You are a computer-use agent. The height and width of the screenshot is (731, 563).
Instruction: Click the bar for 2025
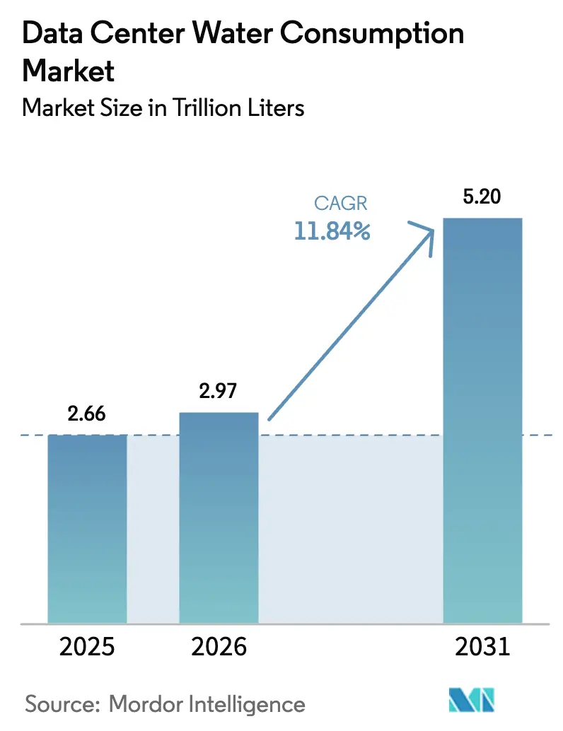(x=87, y=529)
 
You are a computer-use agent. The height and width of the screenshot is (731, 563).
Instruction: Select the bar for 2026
(x=219, y=517)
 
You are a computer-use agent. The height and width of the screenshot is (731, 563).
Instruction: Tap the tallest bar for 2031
(x=482, y=421)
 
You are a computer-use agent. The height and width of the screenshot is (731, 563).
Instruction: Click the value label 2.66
(x=87, y=414)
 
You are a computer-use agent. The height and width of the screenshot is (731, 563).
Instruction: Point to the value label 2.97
(x=219, y=391)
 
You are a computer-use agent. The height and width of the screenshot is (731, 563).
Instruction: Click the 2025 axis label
(x=87, y=647)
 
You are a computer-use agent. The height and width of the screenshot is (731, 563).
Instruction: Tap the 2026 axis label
(x=219, y=647)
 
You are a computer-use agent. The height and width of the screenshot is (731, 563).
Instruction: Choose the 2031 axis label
(x=482, y=647)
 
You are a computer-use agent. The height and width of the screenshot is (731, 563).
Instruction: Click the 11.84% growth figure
(x=332, y=231)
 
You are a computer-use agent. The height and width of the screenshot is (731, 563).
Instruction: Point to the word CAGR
(x=341, y=204)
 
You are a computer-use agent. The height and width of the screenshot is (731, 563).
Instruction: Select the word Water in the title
(x=233, y=34)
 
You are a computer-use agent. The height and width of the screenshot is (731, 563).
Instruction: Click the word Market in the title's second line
(x=68, y=71)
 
